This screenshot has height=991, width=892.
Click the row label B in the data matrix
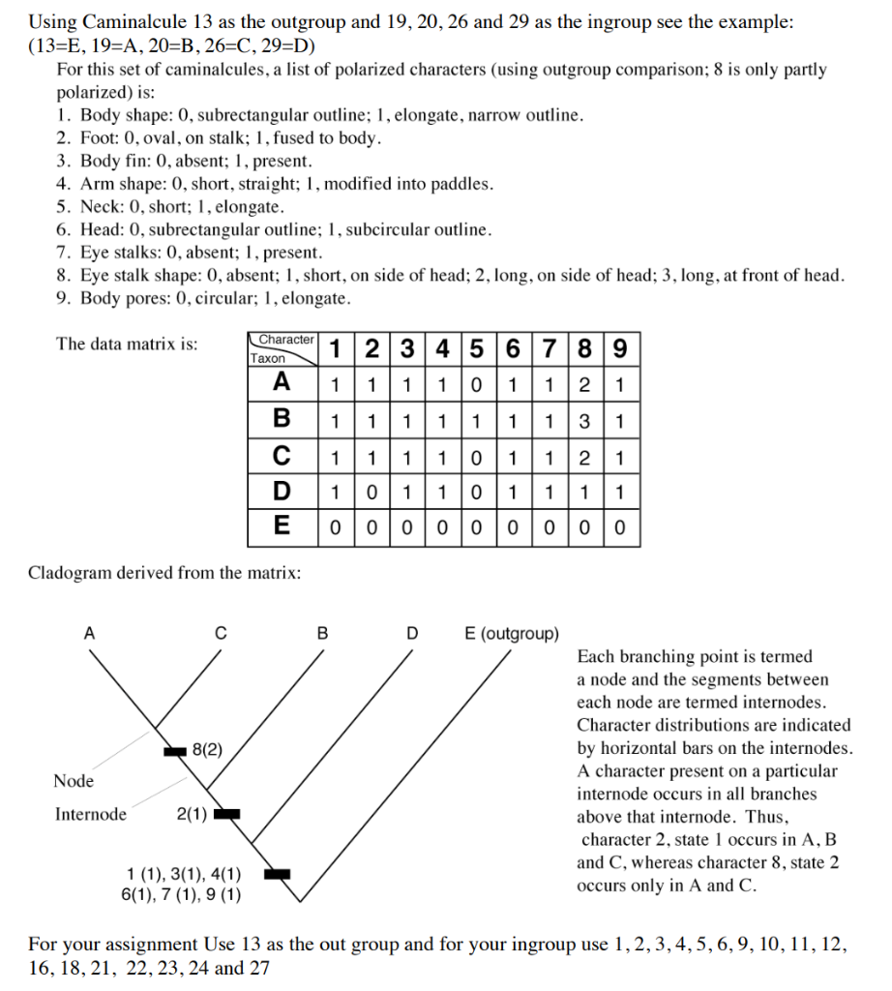click(282, 419)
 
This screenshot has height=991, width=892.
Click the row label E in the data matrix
click(282, 527)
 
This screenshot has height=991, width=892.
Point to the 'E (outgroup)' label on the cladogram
click(512, 634)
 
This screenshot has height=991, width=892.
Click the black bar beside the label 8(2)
click(174, 750)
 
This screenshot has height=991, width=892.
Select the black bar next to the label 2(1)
click(226, 813)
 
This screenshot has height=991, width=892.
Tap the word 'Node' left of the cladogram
click(74, 781)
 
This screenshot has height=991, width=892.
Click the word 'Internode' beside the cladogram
click(91, 814)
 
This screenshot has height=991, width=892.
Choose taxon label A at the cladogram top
click(89, 634)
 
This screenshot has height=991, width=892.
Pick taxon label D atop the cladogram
click(412, 634)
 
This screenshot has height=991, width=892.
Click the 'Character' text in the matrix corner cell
click(286, 340)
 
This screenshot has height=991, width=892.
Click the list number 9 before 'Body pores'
click(61, 298)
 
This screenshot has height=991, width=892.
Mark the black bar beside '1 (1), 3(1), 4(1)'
click(278, 874)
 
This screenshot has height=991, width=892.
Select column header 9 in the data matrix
click(620, 348)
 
